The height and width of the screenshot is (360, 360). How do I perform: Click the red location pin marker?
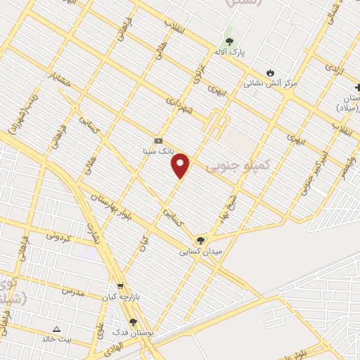[181, 165]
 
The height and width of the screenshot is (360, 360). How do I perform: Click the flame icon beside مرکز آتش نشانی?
[271, 72]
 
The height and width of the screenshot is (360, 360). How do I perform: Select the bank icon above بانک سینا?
[158, 141]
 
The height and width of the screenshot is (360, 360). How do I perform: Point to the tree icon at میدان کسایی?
[202, 240]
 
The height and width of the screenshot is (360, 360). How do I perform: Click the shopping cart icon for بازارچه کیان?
[120, 286]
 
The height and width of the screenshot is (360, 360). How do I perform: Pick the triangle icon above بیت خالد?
[57, 328]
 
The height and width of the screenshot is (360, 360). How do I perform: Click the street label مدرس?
[72, 290]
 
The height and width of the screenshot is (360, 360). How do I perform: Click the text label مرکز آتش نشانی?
[271, 83]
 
